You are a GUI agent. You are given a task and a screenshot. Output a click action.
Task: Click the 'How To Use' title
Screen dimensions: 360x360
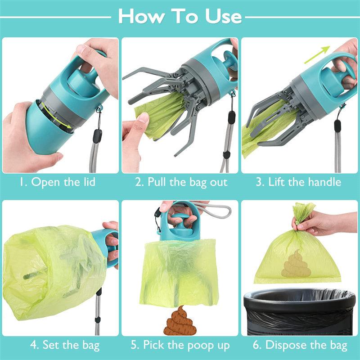point(180,16)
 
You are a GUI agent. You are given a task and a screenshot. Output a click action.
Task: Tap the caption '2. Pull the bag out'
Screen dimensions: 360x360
point(181,182)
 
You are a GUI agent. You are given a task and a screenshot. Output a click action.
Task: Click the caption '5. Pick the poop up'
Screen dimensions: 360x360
point(180,346)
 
